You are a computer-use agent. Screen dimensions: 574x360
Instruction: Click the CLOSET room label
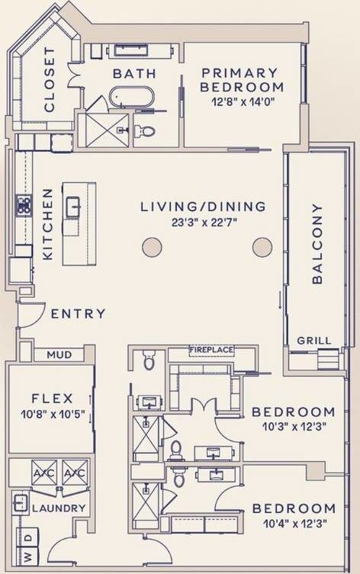[50, 80]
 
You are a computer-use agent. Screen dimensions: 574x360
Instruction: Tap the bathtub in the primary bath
[131, 98]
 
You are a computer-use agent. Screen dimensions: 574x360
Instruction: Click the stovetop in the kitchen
[24, 205]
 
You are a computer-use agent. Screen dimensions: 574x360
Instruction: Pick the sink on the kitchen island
[73, 206]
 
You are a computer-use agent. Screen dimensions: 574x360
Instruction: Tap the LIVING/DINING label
[203, 207]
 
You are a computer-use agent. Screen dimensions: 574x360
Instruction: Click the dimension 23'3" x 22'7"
[203, 223]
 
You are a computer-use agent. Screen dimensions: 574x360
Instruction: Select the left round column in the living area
[152, 247]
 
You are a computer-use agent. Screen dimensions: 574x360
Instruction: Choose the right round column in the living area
[262, 247]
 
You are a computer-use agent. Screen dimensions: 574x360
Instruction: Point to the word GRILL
[309, 342]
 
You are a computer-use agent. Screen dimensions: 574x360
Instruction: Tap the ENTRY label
[79, 313]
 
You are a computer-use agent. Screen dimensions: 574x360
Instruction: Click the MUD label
[59, 354]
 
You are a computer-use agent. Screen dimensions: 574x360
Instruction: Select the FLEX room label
[52, 398]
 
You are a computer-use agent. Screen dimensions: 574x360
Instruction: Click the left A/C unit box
[43, 473]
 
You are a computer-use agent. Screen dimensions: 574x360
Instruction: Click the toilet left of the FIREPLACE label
[149, 360]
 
